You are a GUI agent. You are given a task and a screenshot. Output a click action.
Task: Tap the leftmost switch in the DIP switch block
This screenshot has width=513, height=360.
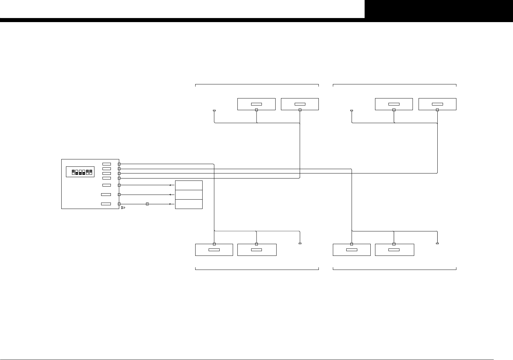[x=73, y=172]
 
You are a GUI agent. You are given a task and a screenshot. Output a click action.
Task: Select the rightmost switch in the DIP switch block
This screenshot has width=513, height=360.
[x=91, y=172]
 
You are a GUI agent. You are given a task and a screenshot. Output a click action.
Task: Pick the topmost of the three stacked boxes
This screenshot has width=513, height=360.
[x=189, y=185]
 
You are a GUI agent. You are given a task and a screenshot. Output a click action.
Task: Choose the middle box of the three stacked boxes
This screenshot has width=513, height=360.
[x=189, y=195]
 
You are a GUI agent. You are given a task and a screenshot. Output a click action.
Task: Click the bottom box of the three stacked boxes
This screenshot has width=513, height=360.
[x=189, y=204]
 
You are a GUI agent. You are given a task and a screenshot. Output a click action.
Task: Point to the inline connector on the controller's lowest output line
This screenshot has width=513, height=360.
[x=147, y=204]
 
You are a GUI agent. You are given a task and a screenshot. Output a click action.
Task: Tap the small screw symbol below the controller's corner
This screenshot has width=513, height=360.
[x=123, y=208]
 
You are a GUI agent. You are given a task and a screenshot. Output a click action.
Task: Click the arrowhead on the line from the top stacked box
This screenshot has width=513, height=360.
[x=171, y=185]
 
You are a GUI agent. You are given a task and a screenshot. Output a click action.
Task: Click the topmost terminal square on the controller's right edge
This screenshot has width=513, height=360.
[x=119, y=164]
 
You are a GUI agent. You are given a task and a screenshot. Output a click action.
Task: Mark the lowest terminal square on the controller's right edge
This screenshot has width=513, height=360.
[x=119, y=204]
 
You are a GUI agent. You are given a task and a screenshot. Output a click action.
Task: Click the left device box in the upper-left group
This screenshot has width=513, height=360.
[x=256, y=104]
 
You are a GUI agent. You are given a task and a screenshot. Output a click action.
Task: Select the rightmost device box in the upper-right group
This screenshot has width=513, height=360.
[x=437, y=104]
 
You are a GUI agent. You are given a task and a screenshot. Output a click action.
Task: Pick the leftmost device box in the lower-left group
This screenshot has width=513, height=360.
[x=214, y=250]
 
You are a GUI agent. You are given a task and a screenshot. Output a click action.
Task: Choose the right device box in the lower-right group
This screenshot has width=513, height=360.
[x=394, y=250]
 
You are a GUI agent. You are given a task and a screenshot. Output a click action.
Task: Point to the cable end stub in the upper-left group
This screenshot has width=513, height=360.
[x=214, y=110]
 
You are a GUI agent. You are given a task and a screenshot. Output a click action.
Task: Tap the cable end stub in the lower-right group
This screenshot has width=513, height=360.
[x=437, y=243]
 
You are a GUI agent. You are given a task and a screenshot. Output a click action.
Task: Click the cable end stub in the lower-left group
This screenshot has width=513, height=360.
[x=300, y=243]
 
